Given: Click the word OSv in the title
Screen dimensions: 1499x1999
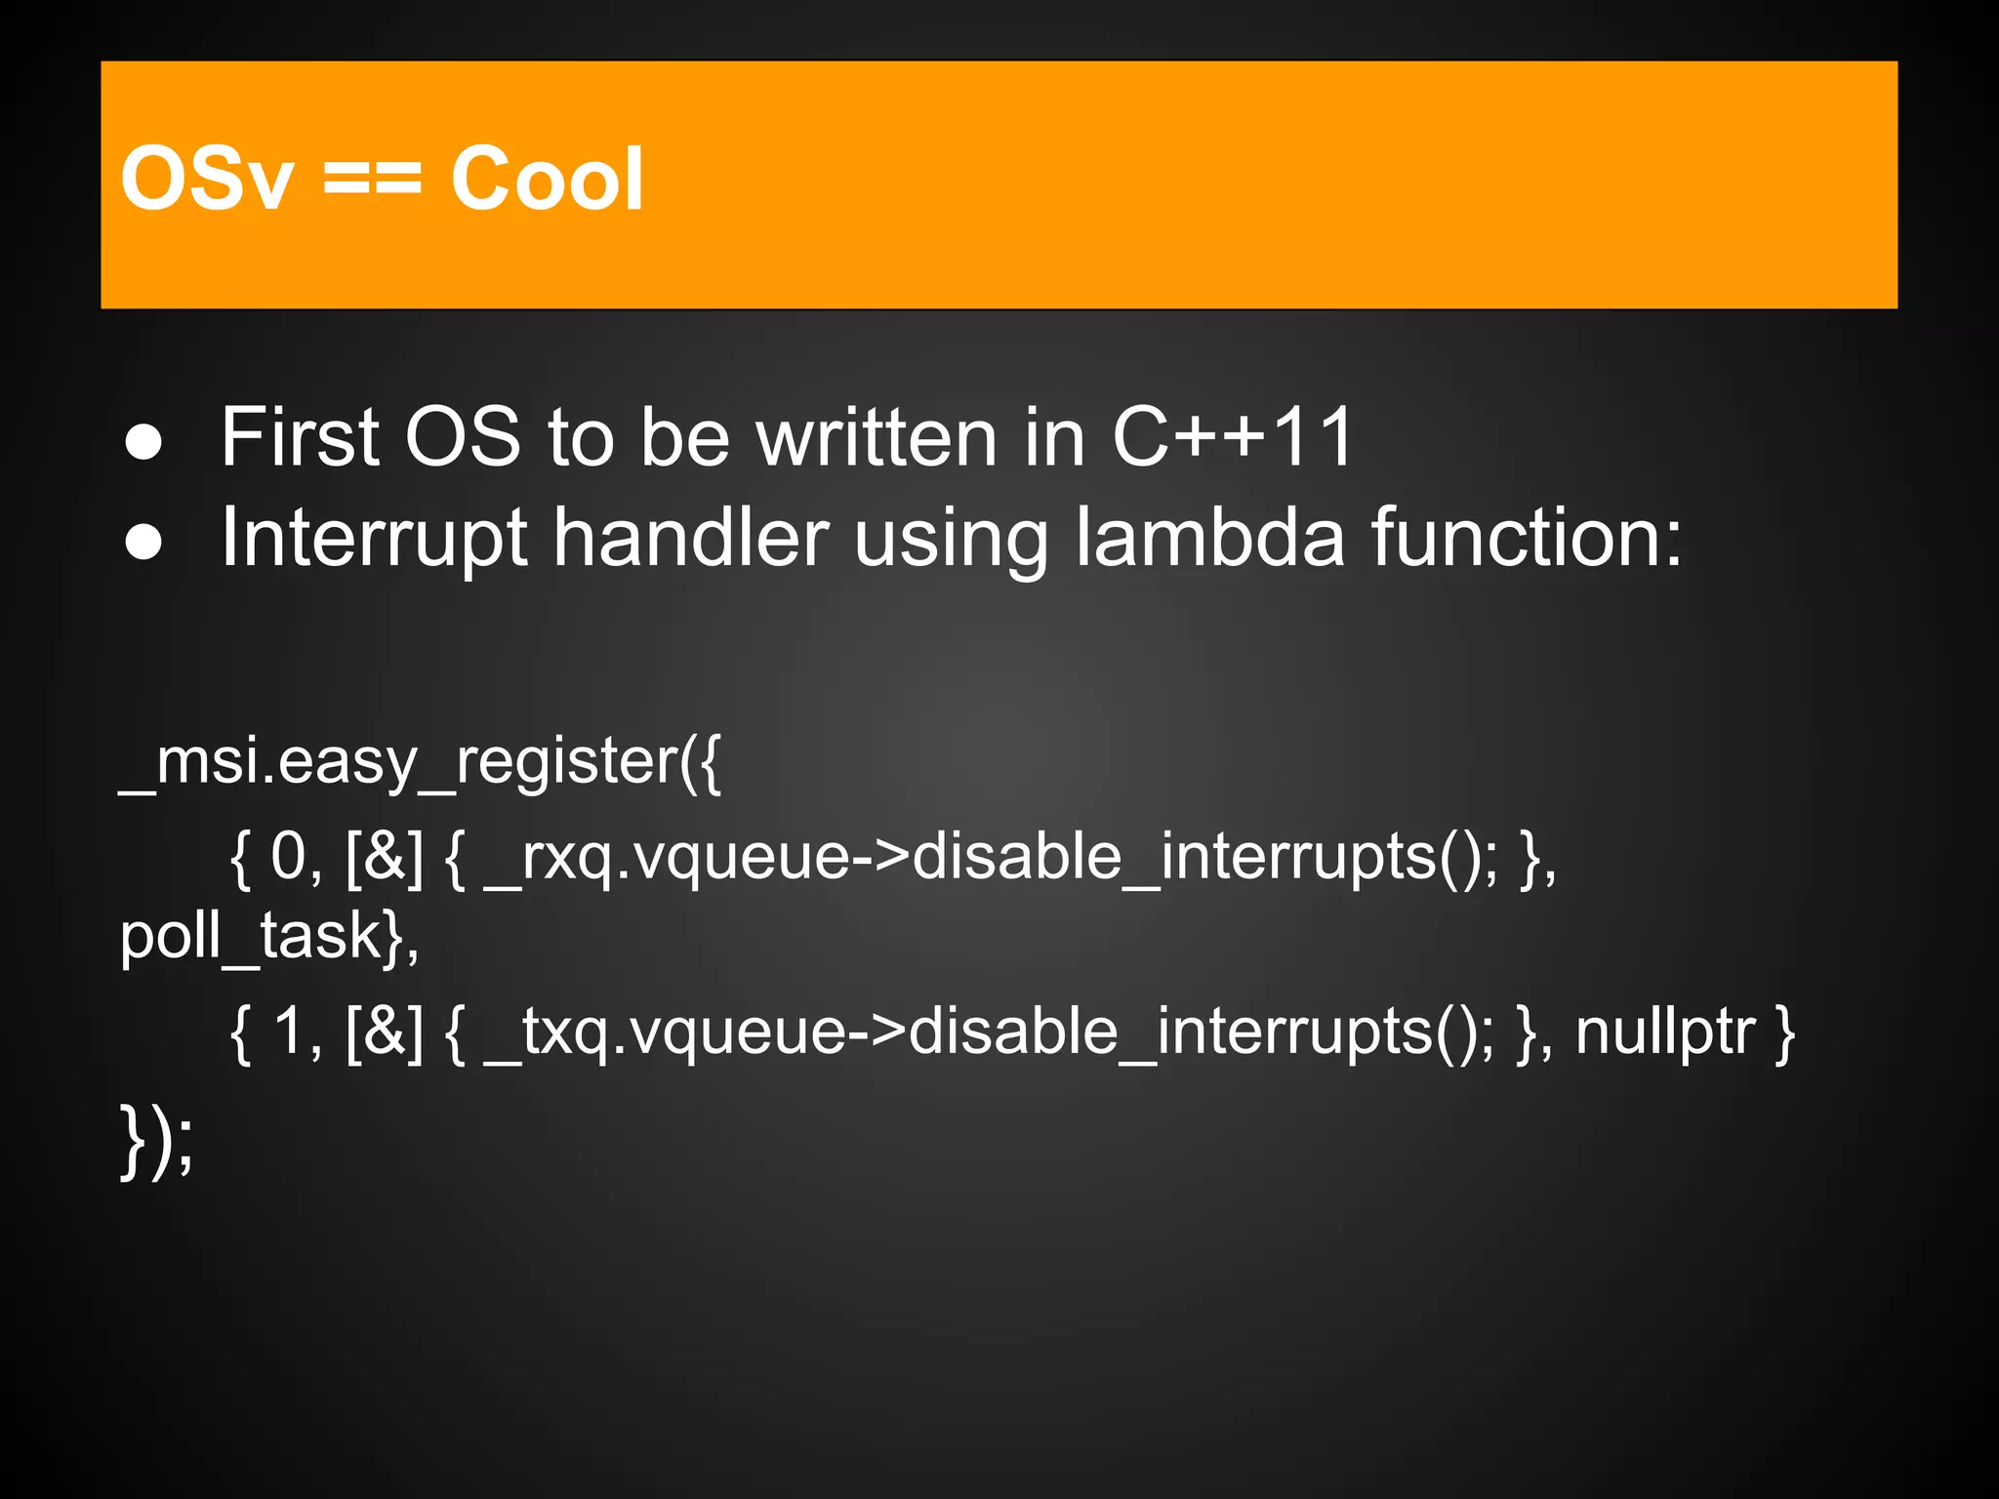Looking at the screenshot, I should [x=206, y=179].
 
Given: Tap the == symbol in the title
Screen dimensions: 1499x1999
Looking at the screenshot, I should [x=372, y=179].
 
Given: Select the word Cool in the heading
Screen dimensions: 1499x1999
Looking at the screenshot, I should [x=547, y=179].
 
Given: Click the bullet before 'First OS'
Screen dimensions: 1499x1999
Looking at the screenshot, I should [x=143, y=441].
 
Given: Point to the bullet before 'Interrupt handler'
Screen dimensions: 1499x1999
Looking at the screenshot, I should [x=143, y=543].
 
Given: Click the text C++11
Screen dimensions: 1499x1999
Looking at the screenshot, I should [x=1232, y=437].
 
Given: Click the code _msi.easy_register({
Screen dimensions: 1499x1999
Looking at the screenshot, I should [x=421, y=762].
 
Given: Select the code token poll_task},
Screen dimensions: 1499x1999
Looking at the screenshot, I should [x=269, y=937].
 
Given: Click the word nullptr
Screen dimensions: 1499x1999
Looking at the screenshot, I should [x=1665, y=1033].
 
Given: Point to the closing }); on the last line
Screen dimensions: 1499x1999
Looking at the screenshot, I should [x=157, y=1141].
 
